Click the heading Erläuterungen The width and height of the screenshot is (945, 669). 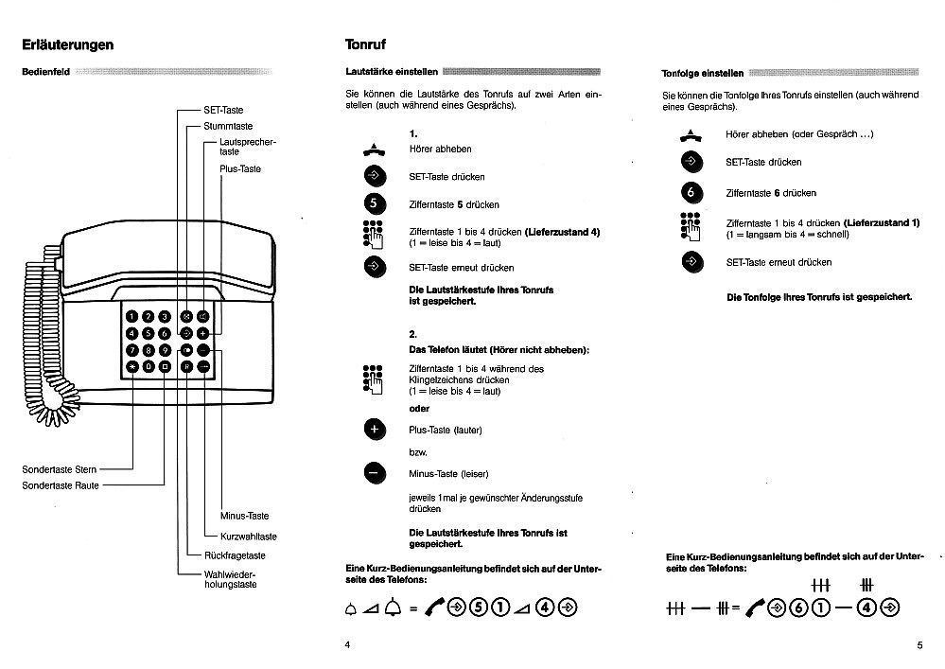[x=68, y=44]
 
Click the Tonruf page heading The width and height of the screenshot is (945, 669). [x=365, y=44]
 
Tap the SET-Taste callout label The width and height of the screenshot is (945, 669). [x=223, y=110]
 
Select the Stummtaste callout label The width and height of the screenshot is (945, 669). [x=228, y=126]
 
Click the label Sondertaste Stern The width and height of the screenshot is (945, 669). [x=60, y=469]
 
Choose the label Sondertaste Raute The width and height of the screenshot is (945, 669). [x=61, y=485]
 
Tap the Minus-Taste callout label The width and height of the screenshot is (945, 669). [x=244, y=517]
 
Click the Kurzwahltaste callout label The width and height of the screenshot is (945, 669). [x=248, y=537]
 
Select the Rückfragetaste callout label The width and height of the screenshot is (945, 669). [x=235, y=555]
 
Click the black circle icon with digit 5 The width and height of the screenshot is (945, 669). [x=376, y=203]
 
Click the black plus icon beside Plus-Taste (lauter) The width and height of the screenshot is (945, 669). [x=375, y=430]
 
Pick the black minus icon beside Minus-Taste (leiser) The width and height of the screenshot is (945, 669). [x=375, y=473]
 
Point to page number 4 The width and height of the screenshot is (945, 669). [x=347, y=644]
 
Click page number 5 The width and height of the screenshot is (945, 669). [x=919, y=645]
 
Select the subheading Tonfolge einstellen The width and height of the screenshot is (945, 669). [x=703, y=73]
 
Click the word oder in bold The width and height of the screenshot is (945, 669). [x=418, y=409]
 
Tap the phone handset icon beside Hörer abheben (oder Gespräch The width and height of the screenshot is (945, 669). [x=691, y=134]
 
